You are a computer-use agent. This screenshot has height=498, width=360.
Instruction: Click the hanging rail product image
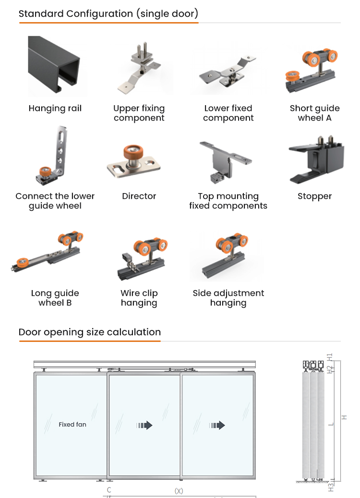tap(54, 65)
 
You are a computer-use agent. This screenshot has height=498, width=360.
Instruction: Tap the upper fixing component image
tap(140, 68)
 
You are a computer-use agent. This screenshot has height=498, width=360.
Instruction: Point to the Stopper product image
tap(316, 160)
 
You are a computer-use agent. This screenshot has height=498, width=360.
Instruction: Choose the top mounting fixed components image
tap(226, 162)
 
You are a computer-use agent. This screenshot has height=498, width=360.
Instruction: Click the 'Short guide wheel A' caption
tap(314, 113)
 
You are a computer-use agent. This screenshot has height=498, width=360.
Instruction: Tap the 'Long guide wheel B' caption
tap(55, 298)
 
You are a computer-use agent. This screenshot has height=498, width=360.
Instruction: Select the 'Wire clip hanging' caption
tap(139, 298)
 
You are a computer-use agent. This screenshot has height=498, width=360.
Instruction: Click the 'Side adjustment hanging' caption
tap(228, 298)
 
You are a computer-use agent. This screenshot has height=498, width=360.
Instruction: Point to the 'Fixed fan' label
tap(72, 425)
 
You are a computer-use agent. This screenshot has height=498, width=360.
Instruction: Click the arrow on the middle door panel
tap(144, 425)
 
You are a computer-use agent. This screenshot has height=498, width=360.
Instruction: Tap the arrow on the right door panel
tap(217, 425)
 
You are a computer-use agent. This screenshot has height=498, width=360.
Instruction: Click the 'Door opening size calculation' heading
tap(90, 332)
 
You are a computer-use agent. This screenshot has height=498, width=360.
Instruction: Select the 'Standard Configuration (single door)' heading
tap(108, 13)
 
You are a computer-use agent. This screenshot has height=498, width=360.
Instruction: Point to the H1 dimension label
tap(330, 357)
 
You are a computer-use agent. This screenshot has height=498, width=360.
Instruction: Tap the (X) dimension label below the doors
tap(179, 491)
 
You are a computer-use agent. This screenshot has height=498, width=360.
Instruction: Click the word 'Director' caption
tap(139, 196)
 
